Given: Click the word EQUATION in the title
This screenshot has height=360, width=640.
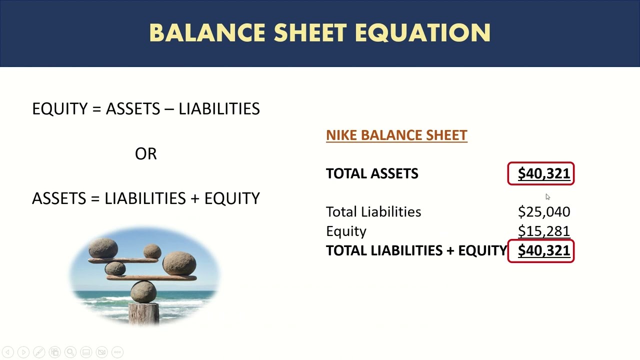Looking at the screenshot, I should pos(422,33).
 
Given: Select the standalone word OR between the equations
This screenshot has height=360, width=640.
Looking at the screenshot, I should pos(146,153).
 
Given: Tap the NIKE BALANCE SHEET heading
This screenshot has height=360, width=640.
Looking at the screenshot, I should pos(396,135).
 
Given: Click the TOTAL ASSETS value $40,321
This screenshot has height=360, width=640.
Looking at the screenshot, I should pos(543,173).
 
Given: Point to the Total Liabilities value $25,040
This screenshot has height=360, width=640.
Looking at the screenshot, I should pos(544,212).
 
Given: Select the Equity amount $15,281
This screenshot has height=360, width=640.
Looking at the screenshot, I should pos(544,231).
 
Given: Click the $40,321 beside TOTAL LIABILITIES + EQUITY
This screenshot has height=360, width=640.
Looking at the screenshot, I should pos(543,250).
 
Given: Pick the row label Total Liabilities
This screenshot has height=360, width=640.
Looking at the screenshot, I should pos(373,212).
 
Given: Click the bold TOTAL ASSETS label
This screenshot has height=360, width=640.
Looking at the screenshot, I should pos(372,173).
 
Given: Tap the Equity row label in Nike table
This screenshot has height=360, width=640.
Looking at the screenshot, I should pos(346,231).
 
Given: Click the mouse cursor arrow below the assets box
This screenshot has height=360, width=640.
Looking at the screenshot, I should pos(547,197).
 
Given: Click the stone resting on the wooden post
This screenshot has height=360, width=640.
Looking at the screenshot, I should pos(143,291).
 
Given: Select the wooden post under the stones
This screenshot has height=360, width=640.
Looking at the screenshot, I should pos(144,314).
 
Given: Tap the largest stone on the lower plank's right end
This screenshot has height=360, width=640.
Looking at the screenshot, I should pos(179,263).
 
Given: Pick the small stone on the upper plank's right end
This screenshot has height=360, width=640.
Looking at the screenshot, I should pos(152,251).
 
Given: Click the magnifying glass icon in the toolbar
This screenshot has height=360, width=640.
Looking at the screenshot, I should pos(70,352).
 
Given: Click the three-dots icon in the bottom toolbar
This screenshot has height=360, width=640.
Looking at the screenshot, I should pos(117,352).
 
